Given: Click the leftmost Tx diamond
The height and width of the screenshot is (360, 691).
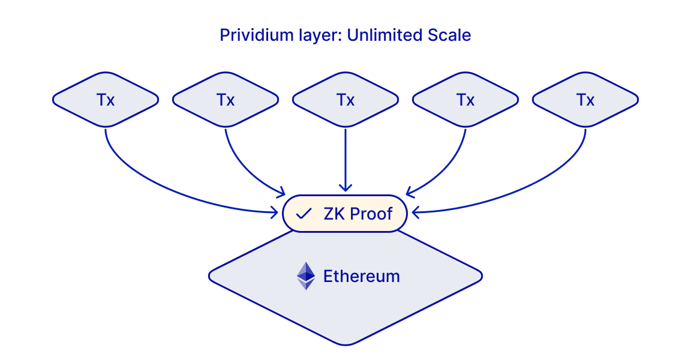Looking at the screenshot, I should pos(106,100).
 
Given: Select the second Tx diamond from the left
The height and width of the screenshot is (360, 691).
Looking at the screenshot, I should pos(226,100).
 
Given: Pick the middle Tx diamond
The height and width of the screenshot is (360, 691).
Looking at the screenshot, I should pos(345,100).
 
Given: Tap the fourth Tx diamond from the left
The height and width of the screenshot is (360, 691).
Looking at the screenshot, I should pos(465,100).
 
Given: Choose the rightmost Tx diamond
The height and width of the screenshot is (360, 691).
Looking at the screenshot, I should pos(585,100).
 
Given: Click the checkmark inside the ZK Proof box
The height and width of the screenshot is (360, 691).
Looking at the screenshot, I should pos(304,214).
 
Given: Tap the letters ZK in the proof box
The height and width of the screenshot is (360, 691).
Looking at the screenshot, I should pos(334,214).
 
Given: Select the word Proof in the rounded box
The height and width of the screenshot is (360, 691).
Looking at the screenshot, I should pos(372,214).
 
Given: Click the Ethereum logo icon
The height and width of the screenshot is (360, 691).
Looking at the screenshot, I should pos(306,276).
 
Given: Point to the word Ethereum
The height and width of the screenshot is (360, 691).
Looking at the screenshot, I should pos(361,276).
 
